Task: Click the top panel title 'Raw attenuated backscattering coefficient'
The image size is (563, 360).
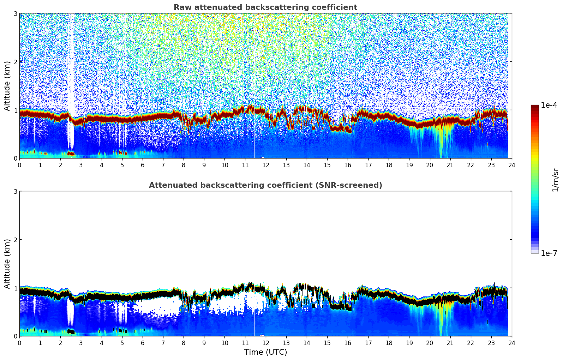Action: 265,7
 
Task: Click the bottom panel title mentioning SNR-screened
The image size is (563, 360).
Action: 265,185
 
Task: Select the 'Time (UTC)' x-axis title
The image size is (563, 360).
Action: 265,352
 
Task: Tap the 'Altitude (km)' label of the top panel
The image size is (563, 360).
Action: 7,86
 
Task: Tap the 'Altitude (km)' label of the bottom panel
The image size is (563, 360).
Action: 7,264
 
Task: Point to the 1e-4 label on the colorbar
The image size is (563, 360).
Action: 549,105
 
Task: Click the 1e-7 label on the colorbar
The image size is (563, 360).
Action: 549,253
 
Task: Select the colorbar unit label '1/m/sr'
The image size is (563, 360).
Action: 555,180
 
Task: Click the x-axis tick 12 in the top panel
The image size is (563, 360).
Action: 266,165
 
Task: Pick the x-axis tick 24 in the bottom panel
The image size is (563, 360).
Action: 512,343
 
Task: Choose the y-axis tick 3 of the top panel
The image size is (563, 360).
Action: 16,13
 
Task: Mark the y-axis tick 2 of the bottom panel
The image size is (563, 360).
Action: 16,240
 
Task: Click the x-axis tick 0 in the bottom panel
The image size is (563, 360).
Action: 19,343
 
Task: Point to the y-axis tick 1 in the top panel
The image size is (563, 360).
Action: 16,110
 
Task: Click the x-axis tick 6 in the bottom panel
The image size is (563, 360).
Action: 143,343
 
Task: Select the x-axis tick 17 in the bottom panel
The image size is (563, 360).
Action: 368,343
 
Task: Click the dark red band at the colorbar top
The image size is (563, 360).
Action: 535,107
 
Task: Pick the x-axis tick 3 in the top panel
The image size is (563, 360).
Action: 81,165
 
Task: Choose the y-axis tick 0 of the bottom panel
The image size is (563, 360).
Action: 16,336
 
